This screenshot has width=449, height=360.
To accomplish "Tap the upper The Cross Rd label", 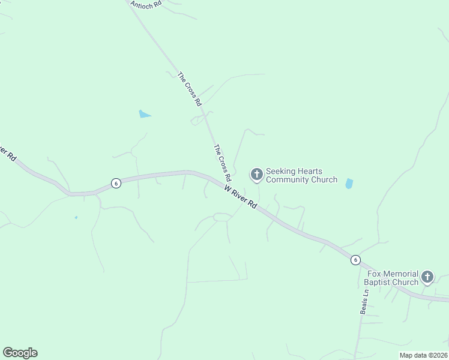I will [190, 89].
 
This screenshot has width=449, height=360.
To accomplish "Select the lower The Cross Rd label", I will [222, 163].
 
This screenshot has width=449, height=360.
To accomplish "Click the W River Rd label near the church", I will [241, 197].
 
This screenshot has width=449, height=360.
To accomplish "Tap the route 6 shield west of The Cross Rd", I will [116, 183].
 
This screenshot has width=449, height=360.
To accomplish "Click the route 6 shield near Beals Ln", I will [356, 260].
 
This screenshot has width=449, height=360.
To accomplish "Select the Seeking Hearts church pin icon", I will [256, 175].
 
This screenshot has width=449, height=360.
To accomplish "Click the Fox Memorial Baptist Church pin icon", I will [427, 277].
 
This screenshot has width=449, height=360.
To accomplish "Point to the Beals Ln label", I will [364, 303].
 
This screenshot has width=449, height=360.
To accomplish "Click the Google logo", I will [20, 353].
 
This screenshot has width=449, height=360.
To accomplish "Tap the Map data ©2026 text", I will [423, 355].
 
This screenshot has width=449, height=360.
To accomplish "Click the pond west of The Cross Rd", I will [144, 113].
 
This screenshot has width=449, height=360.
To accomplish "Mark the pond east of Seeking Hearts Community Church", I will [349, 184].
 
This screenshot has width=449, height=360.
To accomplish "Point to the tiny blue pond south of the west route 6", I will [76, 217].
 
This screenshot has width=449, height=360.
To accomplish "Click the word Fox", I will [373, 274].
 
